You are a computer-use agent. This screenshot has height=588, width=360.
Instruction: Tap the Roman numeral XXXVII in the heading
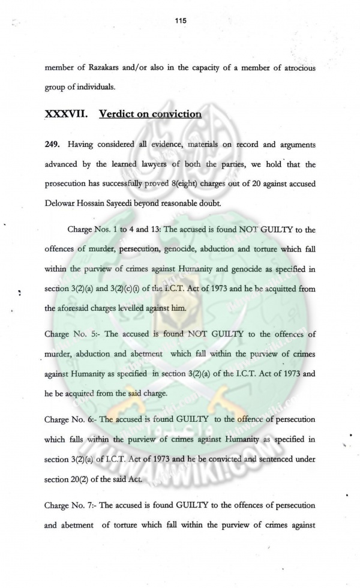click(x=67, y=114)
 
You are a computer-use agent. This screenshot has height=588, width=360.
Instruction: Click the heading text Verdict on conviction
click(x=150, y=114)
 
